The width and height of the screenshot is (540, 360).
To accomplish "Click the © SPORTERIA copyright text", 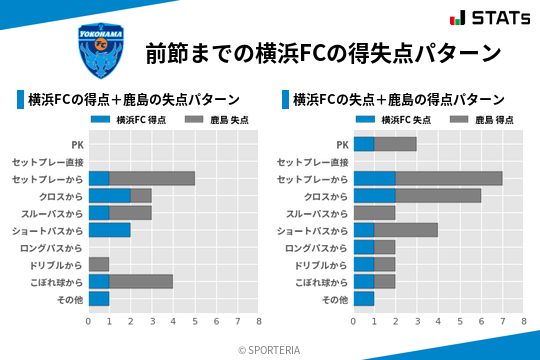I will pos(270,350).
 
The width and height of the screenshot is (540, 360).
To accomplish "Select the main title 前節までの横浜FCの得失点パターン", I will pos(322,52).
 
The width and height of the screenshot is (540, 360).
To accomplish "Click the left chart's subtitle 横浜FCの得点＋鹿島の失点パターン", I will pos(134,100).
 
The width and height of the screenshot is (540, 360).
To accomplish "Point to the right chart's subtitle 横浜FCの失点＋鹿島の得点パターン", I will pos(399,100).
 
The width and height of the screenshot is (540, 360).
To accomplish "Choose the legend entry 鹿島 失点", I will pos(216,120).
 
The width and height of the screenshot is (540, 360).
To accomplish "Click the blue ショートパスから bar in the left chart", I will pos(109,230).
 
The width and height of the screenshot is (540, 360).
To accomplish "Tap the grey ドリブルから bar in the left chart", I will pos(99,264).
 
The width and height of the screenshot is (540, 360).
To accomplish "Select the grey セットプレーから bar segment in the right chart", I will pos(449,179).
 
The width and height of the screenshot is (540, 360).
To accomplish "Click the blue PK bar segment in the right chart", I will pos(364,144).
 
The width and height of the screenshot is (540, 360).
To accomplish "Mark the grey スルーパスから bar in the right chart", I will pos(375,213).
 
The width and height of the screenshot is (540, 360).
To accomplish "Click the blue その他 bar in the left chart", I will pos(99,299).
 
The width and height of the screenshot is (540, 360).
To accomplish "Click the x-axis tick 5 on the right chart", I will pos(460,322).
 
